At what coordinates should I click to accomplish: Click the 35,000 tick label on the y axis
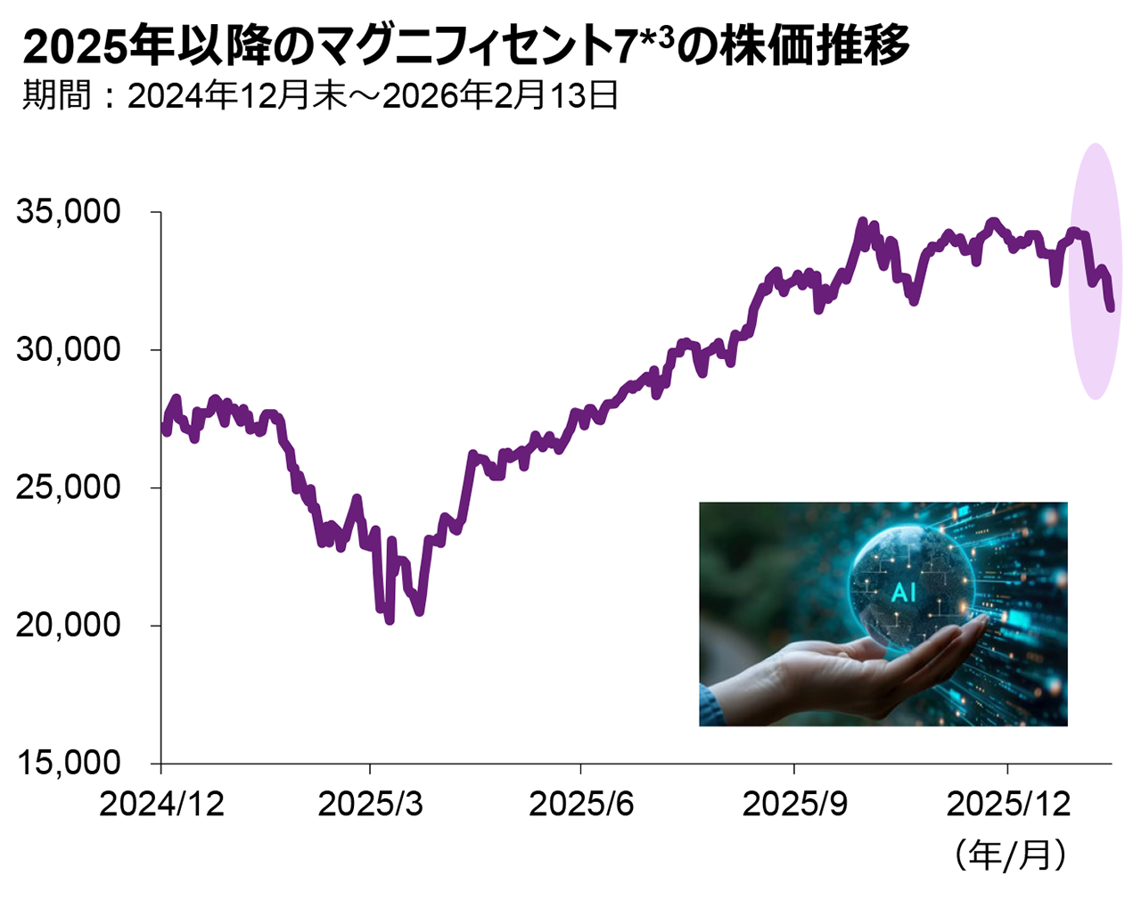[69, 212]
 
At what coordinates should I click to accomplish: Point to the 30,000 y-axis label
[69, 349]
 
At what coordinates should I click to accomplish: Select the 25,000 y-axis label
[69, 487]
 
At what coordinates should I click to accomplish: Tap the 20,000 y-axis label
[69, 625]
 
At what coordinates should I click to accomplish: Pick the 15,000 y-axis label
[69, 763]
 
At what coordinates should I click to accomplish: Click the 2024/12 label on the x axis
[161, 804]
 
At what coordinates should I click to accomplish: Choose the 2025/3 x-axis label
[371, 804]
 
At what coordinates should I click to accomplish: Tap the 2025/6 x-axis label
[581, 804]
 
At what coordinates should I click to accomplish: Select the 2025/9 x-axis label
[794, 804]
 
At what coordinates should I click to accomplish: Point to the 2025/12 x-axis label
[1008, 804]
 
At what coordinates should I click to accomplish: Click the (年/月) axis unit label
[1010, 855]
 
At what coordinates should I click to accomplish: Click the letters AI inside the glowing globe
[903, 592]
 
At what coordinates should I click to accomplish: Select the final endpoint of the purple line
[1111, 308]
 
